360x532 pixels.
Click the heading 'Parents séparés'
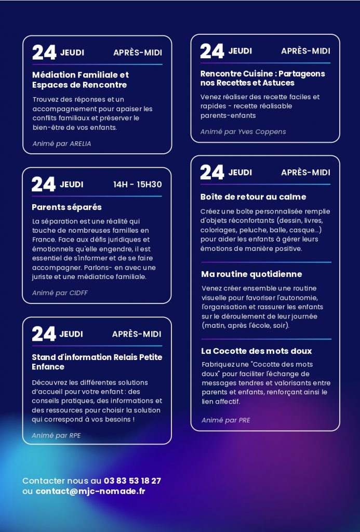click(x=66, y=207)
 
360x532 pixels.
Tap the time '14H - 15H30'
click(x=137, y=184)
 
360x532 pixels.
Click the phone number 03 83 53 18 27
click(x=132, y=481)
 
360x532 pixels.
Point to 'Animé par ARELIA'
click(x=61, y=143)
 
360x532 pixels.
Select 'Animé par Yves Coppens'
click(x=243, y=132)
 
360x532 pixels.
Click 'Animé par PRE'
click(x=225, y=420)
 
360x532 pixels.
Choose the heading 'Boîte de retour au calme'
click(x=253, y=197)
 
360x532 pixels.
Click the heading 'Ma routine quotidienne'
click(x=251, y=274)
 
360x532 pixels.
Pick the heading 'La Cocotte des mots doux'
click(x=257, y=351)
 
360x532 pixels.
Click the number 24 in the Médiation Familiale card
click(x=44, y=52)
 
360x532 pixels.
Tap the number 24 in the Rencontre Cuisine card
click(x=212, y=51)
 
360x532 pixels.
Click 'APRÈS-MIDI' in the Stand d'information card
click(x=137, y=334)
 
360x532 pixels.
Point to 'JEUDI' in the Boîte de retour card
click(x=240, y=172)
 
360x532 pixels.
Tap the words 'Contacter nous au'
click(x=62, y=481)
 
